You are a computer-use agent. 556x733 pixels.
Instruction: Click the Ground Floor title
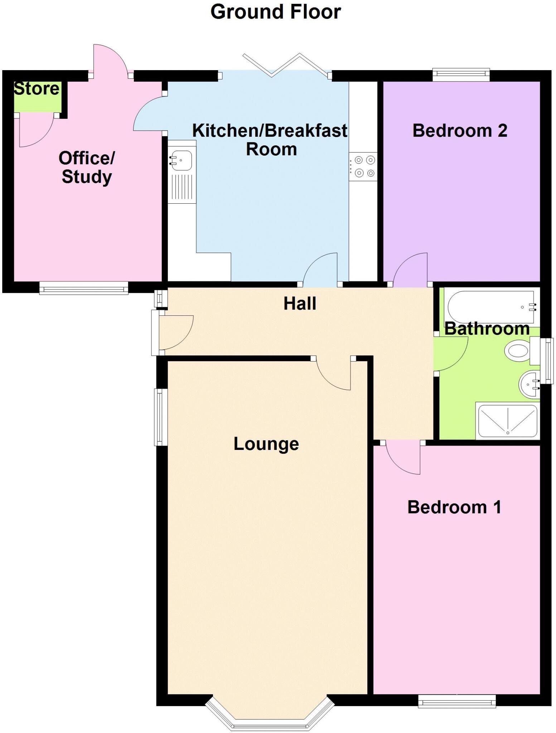(275, 12)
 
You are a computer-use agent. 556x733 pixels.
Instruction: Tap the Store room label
(36, 89)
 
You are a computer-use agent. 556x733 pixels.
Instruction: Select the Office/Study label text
(87, 167)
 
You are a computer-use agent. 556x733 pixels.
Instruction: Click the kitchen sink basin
(182, 160)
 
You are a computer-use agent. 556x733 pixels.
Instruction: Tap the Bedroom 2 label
(460, 131)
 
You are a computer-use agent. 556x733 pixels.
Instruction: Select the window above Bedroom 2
(461, 74)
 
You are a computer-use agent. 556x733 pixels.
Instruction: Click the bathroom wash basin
(529, 384)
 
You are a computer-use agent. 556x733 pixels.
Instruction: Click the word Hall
(300, 304)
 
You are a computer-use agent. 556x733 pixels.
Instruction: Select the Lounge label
(266, 444)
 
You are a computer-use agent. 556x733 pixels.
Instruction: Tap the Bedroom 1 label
(454, 507)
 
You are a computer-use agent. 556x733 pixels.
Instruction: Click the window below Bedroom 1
(457, 701)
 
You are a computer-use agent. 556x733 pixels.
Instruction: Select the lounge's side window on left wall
(161, 417)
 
